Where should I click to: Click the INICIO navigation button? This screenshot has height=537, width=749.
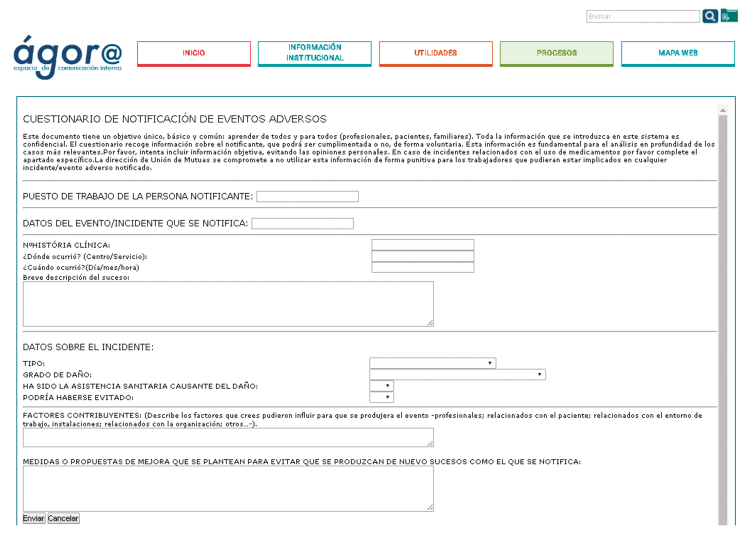click(x=194, y=53)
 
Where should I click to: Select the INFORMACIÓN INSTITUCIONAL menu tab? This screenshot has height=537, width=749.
click(x=315, y=53)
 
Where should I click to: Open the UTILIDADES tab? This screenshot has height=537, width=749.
click(x=436, y=53)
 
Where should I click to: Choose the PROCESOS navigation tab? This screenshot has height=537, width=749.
click(x=556, y=53)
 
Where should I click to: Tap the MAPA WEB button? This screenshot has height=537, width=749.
click(x=678, y=53)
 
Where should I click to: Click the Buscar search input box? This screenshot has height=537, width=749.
click(x=643, y=17)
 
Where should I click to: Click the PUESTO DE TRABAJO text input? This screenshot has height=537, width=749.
click(x=307, y=196)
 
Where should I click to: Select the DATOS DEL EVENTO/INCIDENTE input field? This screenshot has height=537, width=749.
click(x=302, y=223)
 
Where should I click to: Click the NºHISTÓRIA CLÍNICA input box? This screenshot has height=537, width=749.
click(x=422, y=245)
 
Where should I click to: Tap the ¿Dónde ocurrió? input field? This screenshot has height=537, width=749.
click(x=422, y=256)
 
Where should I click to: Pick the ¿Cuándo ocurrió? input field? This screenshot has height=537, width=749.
click(x=422, y=267)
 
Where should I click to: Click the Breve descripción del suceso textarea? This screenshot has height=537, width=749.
click(x=228, y=303)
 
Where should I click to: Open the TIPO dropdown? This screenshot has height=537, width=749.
click(x=432, y=363)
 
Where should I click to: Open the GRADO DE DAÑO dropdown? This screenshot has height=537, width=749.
click(x=457, y=374)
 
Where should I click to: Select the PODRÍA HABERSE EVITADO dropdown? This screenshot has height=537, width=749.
click(x=381, y=397)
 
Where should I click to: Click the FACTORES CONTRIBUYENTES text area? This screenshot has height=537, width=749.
click(x=228, y=437)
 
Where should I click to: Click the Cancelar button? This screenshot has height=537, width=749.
click(x=63, y=518)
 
